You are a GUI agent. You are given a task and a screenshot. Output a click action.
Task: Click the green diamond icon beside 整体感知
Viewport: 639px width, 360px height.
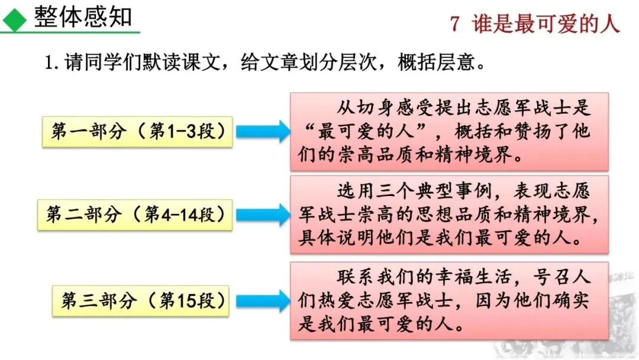[x=14, y=18]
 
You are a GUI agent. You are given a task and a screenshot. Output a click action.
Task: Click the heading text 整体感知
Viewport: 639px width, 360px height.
[x=83, y=17]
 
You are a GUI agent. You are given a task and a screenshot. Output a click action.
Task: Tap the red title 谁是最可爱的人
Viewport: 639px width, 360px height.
[x=546, y=24]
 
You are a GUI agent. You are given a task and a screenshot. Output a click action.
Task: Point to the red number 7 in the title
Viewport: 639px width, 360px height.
[x=454, y=24]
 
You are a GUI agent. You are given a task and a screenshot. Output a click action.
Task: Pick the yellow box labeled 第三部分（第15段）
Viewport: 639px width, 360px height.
[x=141, y=301]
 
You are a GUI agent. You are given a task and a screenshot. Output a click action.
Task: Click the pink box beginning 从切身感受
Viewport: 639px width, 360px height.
[x=449, y=131]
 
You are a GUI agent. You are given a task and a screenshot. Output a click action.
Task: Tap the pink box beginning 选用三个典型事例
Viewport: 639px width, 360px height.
[x=449, y=214]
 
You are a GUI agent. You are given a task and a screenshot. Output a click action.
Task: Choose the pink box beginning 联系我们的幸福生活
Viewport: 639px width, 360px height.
[x=449, y=301]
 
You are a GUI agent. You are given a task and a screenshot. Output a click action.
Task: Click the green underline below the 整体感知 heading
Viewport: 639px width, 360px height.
[x=71, y=32]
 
